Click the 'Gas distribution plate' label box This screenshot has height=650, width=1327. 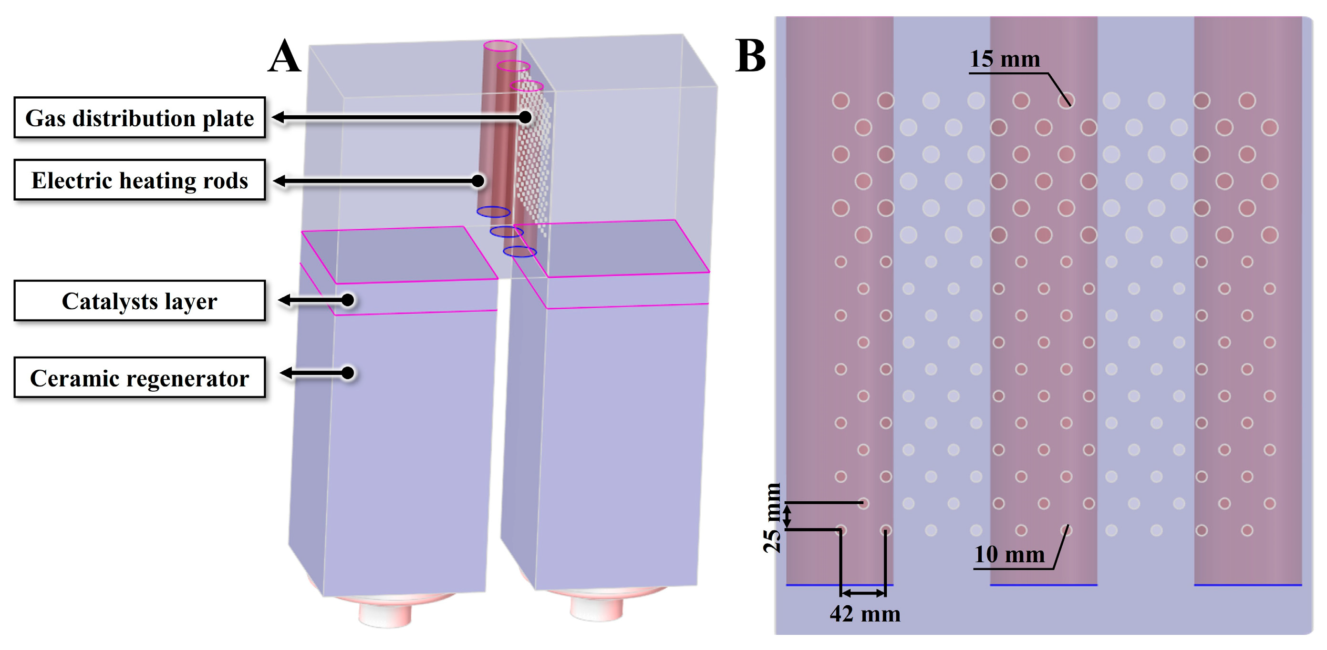pyautogui.click(x=140, y=118)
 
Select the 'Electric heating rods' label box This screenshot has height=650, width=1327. pyautogui.click(x=140, y=180)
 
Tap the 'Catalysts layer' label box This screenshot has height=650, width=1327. pyautogui.click(x=140, y=301)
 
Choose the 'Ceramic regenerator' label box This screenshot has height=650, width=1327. pyautogui.click(x=140, y=378)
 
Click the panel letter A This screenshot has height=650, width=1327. pyautogui.click(x=284, y=57)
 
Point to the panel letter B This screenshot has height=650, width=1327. pyautogui.click(x=750, y=56)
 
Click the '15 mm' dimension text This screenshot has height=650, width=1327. pyautogui.click(x=1005, y=59)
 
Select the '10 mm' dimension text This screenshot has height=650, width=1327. pyautogui.click(x=1009, y=555)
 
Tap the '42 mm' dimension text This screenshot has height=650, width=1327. pyautogui.click(x=865, y=614)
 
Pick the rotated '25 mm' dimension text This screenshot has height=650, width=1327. pyautogui.click(x=772, y=518)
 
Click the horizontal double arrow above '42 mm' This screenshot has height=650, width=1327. pyautogui.click(x=863, y=593)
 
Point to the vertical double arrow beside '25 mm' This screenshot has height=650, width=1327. pyautogui.click(x=787, y=516)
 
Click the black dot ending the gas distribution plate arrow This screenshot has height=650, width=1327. pyautogui.click(x=525, y=117)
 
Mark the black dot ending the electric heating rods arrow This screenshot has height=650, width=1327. pyautogui.click(x=478, y=181)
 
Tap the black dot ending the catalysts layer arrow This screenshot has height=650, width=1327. pyautogui.click(x=348, y=300)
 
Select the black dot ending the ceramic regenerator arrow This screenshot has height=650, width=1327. pyautogui.click(x=348, y=373)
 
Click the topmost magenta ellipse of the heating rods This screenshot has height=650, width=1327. pyautogui.click(x=500, y=46)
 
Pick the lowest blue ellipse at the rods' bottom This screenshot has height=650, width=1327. pyautogui.click(x=520, y=252)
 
